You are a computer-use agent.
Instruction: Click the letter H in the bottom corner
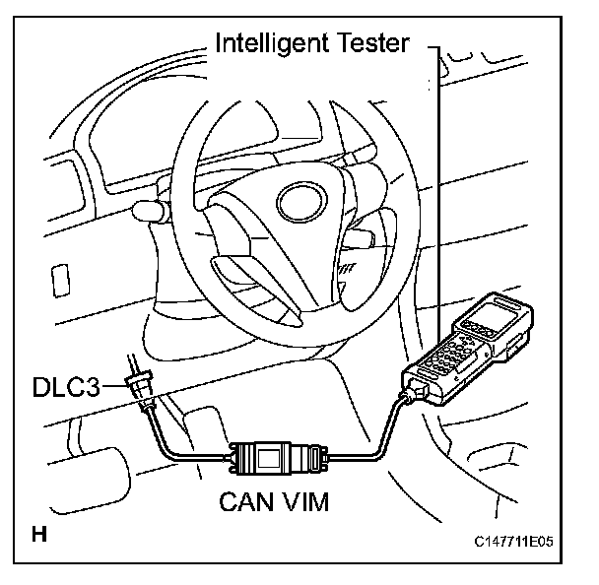39,536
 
